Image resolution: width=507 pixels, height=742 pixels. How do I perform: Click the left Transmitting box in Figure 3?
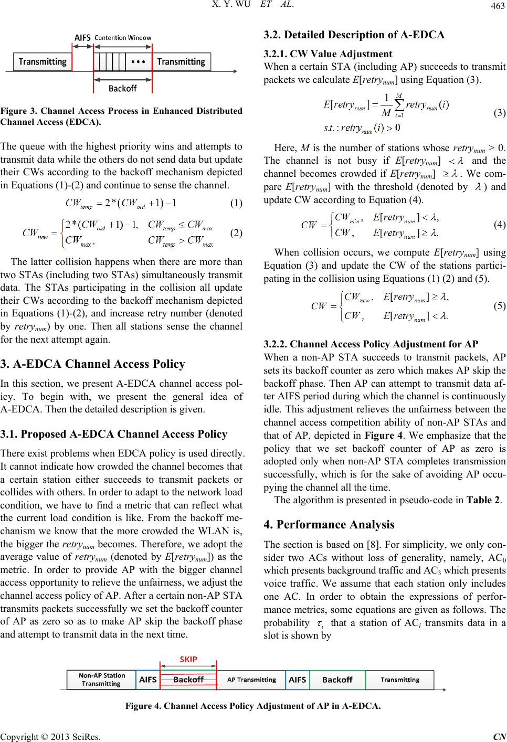pos(43,62)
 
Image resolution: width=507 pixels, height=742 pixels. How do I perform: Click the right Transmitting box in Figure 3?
pos(181,62)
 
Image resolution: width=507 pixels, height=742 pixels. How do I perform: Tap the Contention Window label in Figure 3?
pos(122,38)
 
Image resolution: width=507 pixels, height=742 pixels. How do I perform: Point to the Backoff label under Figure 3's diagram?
pos(123,89)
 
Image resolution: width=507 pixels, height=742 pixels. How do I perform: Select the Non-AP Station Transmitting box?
pos(102,680)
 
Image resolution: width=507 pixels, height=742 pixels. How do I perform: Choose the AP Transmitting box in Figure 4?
pos(251,680)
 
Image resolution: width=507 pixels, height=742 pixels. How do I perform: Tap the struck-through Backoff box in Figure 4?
pos(188,680)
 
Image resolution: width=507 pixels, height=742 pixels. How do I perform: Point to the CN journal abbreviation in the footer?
pos(500,736)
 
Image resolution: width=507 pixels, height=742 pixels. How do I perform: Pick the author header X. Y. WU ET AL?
pos(254,7)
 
